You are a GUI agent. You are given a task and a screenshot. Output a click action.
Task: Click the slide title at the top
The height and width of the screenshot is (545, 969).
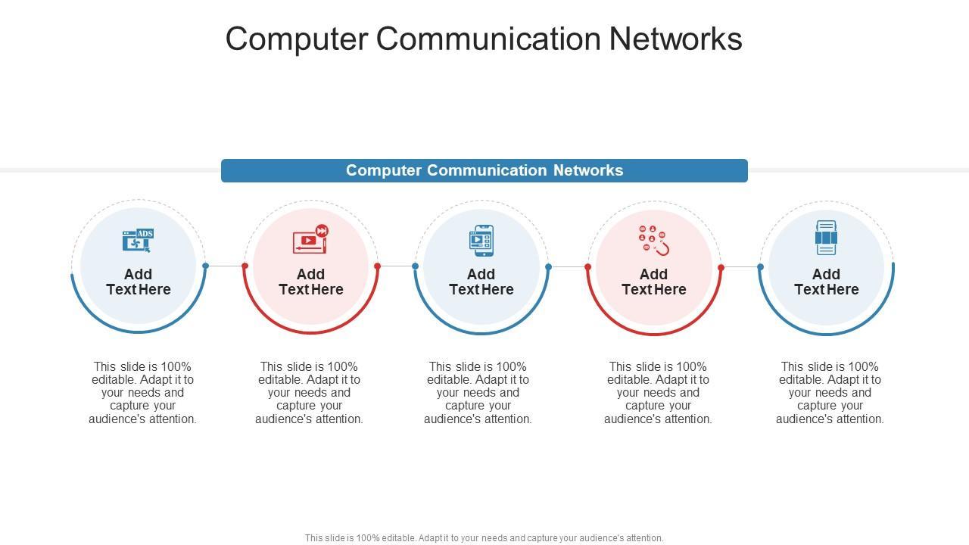pyautogui.click(x=484, y=39)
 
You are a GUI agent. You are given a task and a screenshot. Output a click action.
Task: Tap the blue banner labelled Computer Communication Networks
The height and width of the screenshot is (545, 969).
pyautogui.click(x=484, y=170)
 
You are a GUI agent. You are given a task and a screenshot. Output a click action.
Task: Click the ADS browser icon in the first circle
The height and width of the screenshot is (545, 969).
pyautogui.click(x=138, y=240)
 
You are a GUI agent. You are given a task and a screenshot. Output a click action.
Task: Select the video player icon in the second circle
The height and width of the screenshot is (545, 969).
pyautogui.click(x=310, y=239)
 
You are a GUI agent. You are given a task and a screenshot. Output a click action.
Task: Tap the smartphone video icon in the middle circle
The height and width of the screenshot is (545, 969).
pyautogui.click(x=481, y=240)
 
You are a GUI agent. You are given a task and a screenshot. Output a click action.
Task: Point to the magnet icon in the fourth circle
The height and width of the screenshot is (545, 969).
pyautogui.click(x=654, y=240)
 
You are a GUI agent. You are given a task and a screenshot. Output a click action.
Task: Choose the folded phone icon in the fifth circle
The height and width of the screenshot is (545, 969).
pyautogui.click(x=826, y=238)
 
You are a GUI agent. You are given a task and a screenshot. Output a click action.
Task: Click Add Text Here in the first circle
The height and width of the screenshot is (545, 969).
pyautogui.click(x=139, y=282)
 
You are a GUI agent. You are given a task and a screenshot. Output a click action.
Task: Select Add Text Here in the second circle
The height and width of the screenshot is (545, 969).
pyautogui.click(x=311, y=282)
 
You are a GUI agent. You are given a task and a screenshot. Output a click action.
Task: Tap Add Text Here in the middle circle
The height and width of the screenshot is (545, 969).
pyautogui.click(x=481, y=282)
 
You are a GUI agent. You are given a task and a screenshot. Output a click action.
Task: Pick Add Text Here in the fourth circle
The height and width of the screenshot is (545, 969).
pyautogui.click(x=654, y=282)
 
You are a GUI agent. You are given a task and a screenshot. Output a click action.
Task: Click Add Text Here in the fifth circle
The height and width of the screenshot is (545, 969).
pyautogui.click(x=826, y=282)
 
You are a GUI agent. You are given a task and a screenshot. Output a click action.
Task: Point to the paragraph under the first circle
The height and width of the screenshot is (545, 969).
pyautogui.click(x=142, y=392)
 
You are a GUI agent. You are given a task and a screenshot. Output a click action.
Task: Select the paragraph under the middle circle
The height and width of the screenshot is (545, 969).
pyautogui.click(x=478, y=392)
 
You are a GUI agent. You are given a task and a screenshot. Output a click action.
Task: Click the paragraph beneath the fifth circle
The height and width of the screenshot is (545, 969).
pyautogui.click(x=830, y=392)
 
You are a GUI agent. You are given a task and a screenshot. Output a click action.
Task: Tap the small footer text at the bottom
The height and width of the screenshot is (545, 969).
pyautogui.click(x=484, y=538)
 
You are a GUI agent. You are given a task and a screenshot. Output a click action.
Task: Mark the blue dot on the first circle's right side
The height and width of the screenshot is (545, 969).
pyautogui.click(x=205, y=266)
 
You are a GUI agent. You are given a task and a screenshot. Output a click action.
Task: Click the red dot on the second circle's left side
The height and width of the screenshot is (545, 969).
pyautogui.click(x=245, y=266)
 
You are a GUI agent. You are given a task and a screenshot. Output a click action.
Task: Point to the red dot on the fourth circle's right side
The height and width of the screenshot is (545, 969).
pyautogui.click(x=721, y=267)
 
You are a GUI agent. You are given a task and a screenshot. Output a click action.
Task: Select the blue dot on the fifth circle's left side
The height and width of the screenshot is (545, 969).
pyautogui.click(x=761, y=267)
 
